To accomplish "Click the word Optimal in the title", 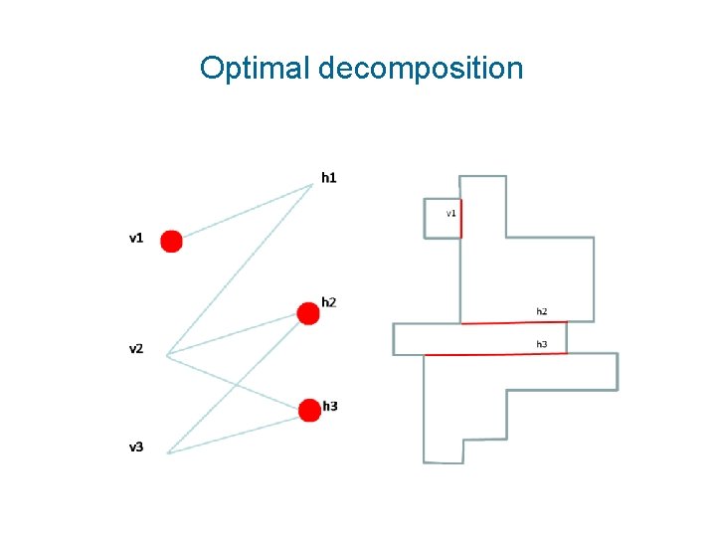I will tap(255, 68).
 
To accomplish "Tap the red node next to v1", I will tap(171, 241).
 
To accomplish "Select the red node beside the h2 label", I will tap(308, 314).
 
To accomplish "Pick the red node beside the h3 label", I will tap(308, 409).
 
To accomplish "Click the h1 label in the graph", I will tap(328, 178).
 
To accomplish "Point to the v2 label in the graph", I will tap(136, 349).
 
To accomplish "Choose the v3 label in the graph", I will tap(136, 447).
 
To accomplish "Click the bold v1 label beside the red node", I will tap(136, 238).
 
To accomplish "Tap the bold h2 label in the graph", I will tap(329, 302).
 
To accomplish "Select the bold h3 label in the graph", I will tap(330, 406).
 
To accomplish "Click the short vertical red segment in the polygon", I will tap(461, 218).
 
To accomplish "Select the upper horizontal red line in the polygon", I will tap(513, 322).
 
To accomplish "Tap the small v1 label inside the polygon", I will tap(450, 213).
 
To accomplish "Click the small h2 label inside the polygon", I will tap(542, 311).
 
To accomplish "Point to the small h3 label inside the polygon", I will tap(542, 344).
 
